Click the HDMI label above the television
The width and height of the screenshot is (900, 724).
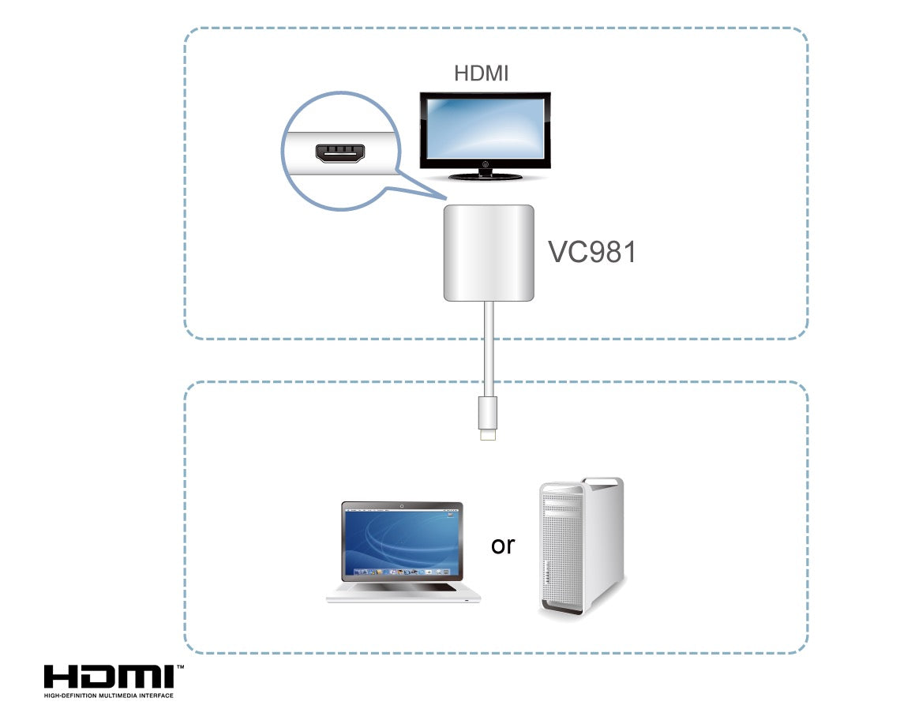[x=481, y=73]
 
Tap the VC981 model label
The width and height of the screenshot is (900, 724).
[x=591, y=252]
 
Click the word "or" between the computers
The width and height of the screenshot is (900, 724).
[x=502, y=545]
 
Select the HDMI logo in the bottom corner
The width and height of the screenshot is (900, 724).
[x=109, y=677]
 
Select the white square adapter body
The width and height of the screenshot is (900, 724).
[x=489, y=253]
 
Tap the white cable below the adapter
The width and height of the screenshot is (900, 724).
[x=489, y=347]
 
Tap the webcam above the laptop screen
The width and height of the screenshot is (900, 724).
[x=402, y=505]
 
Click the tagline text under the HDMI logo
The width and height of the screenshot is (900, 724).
[x=108, y=696]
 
